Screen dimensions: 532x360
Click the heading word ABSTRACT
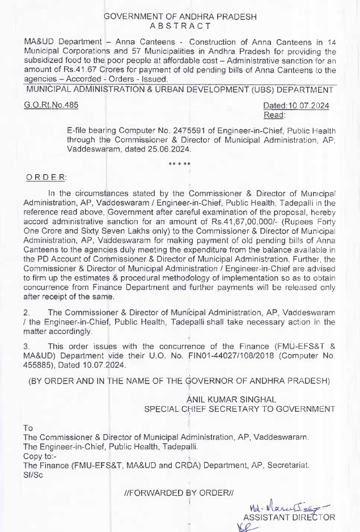coord(180,26)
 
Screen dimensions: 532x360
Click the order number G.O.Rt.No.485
coord(52,105)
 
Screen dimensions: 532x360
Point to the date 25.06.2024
coord(167,149)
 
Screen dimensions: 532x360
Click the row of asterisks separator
coord(180,164)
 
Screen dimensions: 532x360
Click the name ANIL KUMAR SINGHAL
coord(231,400)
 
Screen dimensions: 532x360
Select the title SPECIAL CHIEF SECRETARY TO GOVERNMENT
coord(239,409)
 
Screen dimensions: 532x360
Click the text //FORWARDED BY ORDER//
coord(179,493)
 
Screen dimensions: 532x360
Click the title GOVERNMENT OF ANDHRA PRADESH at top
coord(180,16)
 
